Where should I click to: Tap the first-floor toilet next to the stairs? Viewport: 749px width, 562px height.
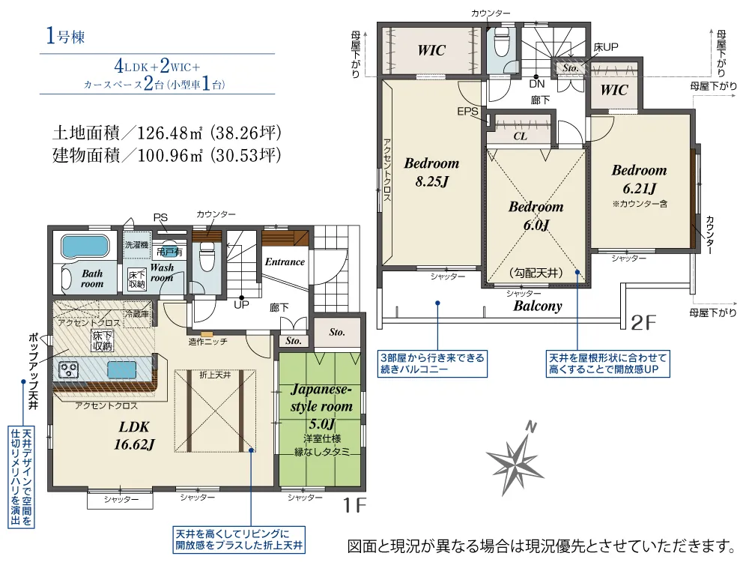pos(207,256)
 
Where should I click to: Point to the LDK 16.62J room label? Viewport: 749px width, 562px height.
pos(134,436)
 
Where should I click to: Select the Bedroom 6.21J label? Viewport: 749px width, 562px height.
pos(639,179)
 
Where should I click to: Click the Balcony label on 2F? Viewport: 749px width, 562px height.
pos(537,306)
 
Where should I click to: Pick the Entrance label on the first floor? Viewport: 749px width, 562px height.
pos(285,262)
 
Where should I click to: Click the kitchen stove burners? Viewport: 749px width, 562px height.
pos(68,369)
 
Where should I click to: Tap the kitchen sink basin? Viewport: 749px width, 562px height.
pos(121,370)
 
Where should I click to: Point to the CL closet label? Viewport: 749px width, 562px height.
pos(521,136)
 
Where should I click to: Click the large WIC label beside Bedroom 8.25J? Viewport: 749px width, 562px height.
pos(431,51)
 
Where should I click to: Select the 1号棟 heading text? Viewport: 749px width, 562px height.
pos(65,36)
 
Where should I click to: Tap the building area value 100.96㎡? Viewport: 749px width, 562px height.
pos(169,155)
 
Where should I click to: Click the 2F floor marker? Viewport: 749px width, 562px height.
pos(643,323)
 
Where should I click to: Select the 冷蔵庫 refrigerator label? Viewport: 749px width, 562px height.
pos(137,314)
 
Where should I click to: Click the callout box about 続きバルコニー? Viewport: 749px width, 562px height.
pos(432,363)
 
